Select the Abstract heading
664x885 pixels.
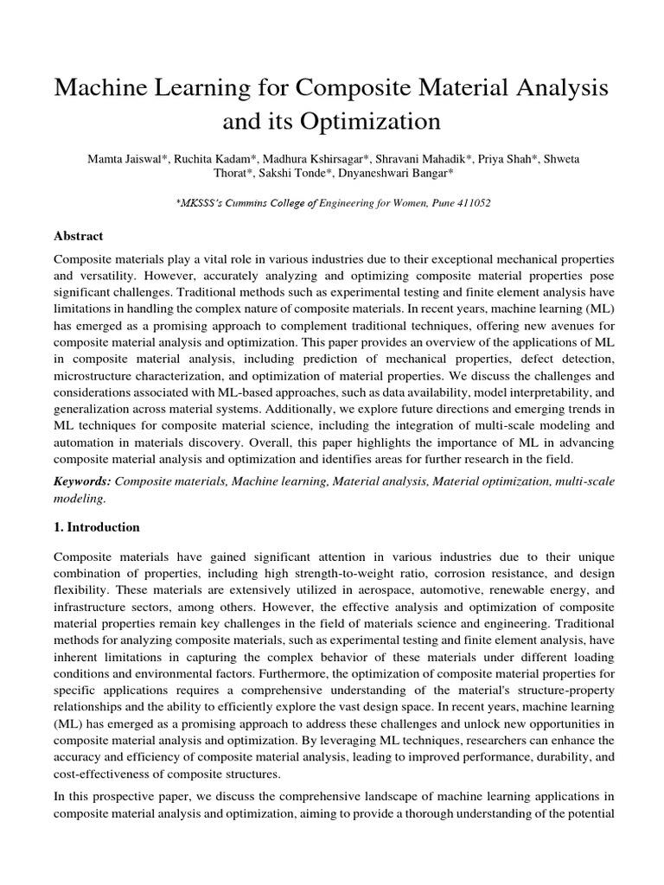pos(79,236)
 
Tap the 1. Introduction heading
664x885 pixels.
pos(97,527)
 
